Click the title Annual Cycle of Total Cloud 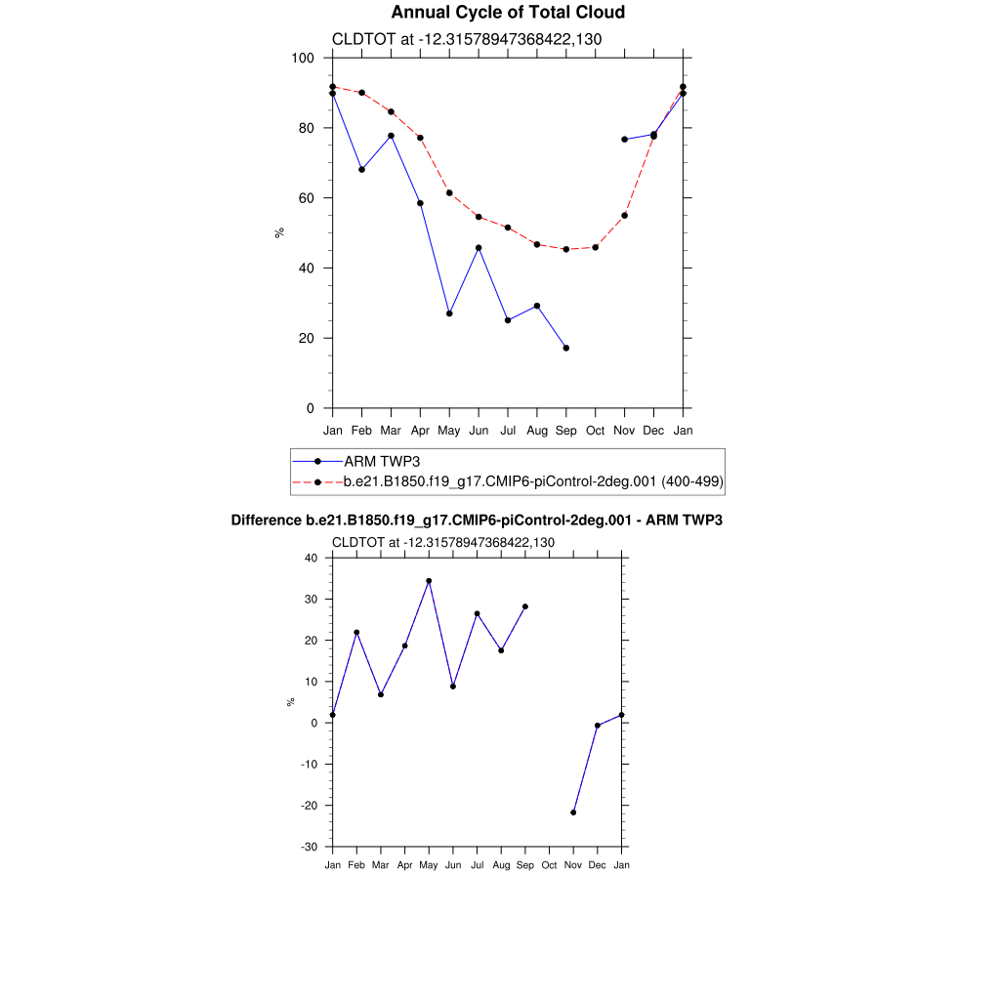[x=508, y=13]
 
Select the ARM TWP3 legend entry [x=381, y=461]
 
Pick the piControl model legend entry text [x=533, y=481]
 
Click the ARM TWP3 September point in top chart [x=566, y=348]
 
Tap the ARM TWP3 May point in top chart [x=449, y=313]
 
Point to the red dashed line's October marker [x=596, y=247]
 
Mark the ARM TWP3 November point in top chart [x=624, y=140]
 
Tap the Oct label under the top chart [x=596, y=430]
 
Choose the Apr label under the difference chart [x=404, y=865]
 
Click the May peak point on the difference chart [x=429, y=581]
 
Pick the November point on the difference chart [x=573, y=812]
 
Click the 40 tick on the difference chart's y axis [x=312, y=558]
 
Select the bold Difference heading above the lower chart [x=477, y=521]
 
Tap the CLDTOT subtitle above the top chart [x=467, y=39]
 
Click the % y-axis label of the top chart [x=279, y=232]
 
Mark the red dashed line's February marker [x=361, y=93]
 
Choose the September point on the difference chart [x=525, y=606]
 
